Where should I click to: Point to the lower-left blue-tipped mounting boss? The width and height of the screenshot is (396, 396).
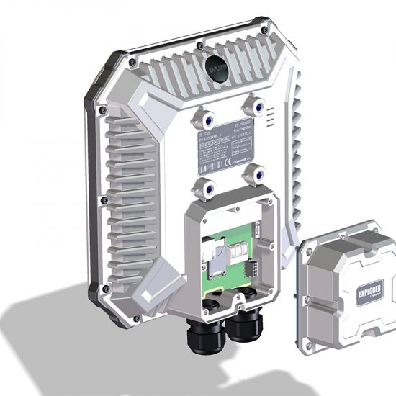tap(203, 185)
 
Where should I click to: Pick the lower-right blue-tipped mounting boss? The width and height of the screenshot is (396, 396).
tap(251, 174)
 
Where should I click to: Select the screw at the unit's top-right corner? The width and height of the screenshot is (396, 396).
tap(265, 32)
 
